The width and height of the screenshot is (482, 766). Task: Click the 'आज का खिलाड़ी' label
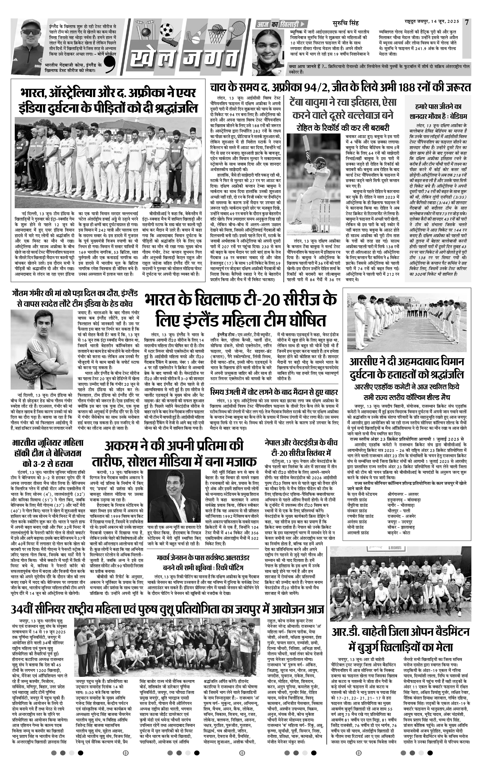point(278,24)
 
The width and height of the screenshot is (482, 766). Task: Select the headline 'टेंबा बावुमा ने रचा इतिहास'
point(342,108)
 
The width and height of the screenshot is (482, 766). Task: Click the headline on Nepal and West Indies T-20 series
point(297,447)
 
